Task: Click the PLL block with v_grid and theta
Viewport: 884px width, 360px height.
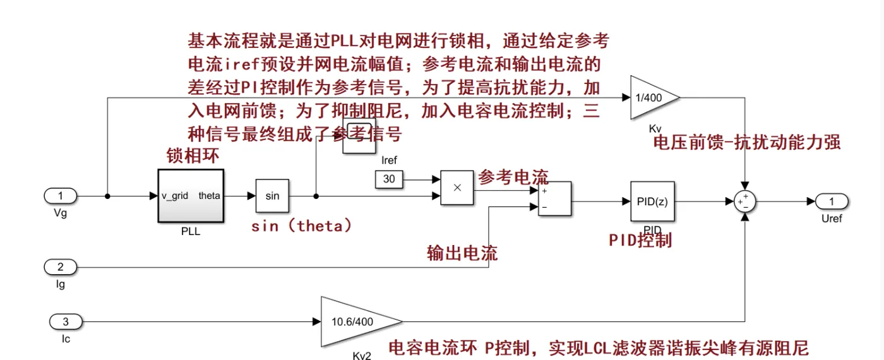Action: click(x=190, y=196)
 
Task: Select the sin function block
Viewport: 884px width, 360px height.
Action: click(x=272, y=196)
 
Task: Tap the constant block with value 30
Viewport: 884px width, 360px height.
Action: click(x=389, y=179)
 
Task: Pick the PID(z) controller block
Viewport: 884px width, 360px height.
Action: click(x=652, y=201)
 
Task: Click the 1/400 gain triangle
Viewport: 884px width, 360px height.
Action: click(x=652, y=97)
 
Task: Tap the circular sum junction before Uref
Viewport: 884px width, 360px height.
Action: click(x=745, y=201)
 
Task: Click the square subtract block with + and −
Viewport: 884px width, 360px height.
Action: click(x=554, y=199)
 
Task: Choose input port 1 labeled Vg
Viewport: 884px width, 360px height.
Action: click(x=61, y=196)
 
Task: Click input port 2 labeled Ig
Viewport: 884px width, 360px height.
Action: click(x=61, y=267)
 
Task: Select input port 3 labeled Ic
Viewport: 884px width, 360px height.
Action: click(x=66, y=321)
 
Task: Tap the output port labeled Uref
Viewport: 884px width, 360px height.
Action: click(x=832, y=201)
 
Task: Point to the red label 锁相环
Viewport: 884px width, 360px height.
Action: click(x=193, y=155)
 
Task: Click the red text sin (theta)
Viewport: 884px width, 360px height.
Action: click(x=301, y=226)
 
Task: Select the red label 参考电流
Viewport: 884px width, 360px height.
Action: click(x=513, y=177)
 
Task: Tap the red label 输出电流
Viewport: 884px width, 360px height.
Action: click(x=462, y=253)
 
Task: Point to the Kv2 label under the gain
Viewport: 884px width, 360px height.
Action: click(x=362, y=356)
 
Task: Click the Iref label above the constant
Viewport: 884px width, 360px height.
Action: click(x=389, y=160)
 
